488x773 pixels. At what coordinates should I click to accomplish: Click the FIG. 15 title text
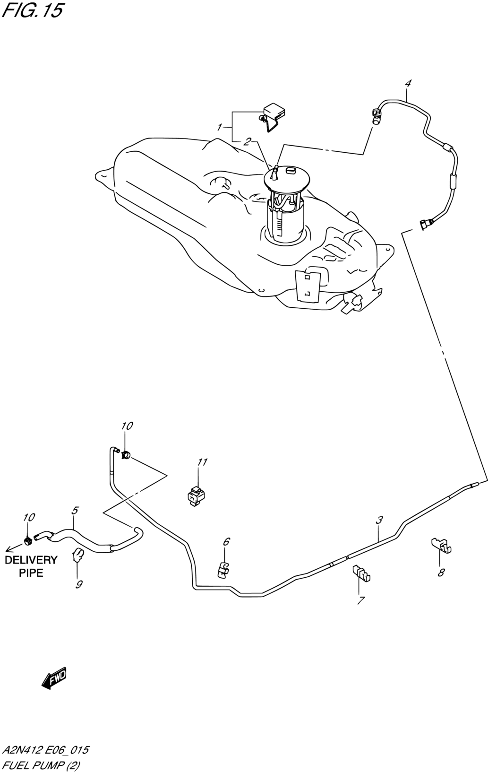[32, 10]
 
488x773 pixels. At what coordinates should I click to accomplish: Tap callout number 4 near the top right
[408, 83]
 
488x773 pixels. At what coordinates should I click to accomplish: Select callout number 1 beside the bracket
[219, 128]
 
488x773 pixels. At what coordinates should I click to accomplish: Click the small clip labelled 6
[223, 570]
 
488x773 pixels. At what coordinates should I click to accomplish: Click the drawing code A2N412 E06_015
[45, 750]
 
